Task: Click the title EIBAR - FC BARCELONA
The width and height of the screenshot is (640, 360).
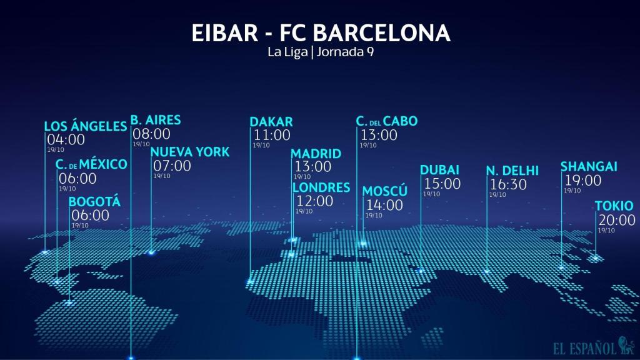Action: (320, 33)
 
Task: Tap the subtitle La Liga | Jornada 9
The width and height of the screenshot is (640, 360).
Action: (320, 52)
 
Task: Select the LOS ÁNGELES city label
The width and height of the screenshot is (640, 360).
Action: (86, 126)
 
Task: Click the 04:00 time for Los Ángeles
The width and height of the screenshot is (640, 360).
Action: (66, 139)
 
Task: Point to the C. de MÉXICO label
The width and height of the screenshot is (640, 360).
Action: (91, 164)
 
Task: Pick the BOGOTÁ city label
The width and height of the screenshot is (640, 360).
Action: (94, 202)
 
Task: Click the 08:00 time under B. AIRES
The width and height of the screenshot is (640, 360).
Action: (151, 133)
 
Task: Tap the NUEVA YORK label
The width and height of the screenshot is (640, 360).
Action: (190, 152)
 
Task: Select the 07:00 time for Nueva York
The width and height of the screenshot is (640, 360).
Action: (172, 166)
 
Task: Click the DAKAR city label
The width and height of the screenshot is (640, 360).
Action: (271, 122)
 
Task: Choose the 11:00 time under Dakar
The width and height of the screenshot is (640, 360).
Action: (272, 134)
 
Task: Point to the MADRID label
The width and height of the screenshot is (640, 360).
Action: (316, 154)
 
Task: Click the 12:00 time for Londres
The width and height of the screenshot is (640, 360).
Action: (314, 201)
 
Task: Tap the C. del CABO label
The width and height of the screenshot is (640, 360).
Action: (386, 121)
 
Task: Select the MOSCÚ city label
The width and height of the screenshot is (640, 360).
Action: (385, 191)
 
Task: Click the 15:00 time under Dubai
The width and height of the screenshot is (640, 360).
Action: (442, 184)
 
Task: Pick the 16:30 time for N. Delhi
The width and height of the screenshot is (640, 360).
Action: (509, 184)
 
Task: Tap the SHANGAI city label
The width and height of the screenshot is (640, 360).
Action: (589, 166)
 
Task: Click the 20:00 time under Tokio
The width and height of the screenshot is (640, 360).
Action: (617, 220)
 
